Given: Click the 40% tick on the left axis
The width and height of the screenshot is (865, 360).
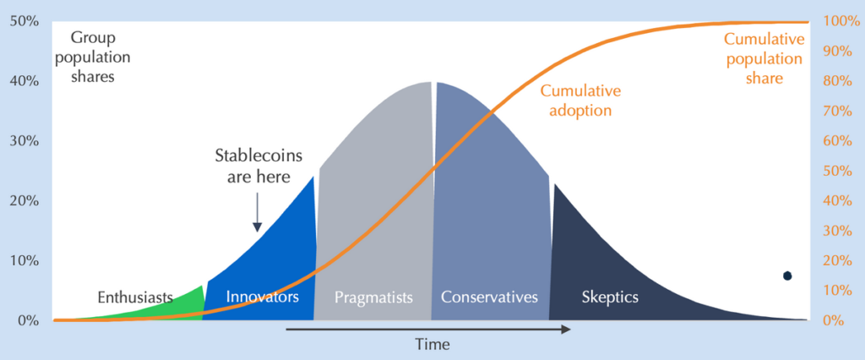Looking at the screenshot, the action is (24, 82).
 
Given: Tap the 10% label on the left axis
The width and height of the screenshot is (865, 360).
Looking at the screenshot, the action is (24, 260).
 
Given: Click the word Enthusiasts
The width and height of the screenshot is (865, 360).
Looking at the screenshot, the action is (135, 297).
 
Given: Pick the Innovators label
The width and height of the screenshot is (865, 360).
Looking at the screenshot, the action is (263, 297).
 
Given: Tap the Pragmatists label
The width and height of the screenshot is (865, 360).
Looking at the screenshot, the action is (374, 297).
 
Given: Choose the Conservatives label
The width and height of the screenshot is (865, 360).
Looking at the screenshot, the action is (489, 297).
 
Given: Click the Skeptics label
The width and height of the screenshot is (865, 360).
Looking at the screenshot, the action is (610, 297).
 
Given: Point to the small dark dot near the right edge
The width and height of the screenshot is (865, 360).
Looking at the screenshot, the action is (787, 275).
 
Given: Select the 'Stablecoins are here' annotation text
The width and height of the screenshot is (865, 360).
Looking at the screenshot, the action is (258, 166).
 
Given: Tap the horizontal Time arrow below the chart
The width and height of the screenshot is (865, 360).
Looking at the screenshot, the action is (428, 330).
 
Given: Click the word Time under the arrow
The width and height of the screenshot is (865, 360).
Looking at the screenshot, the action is (433, 345).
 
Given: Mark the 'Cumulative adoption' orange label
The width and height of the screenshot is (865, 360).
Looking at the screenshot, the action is (580, 101).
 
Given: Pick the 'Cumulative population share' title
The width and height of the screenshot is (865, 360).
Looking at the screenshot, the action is (764, 58).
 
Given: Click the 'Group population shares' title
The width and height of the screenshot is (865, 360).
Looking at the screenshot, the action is (92, 57).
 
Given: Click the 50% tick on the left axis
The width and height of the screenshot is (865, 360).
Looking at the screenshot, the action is (24, 22).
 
